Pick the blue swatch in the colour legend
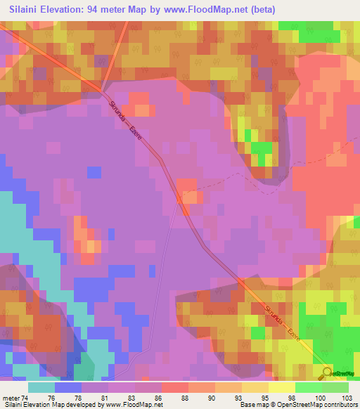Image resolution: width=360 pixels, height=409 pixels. (67, 387)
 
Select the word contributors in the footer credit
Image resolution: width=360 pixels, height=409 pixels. (339, 405)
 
